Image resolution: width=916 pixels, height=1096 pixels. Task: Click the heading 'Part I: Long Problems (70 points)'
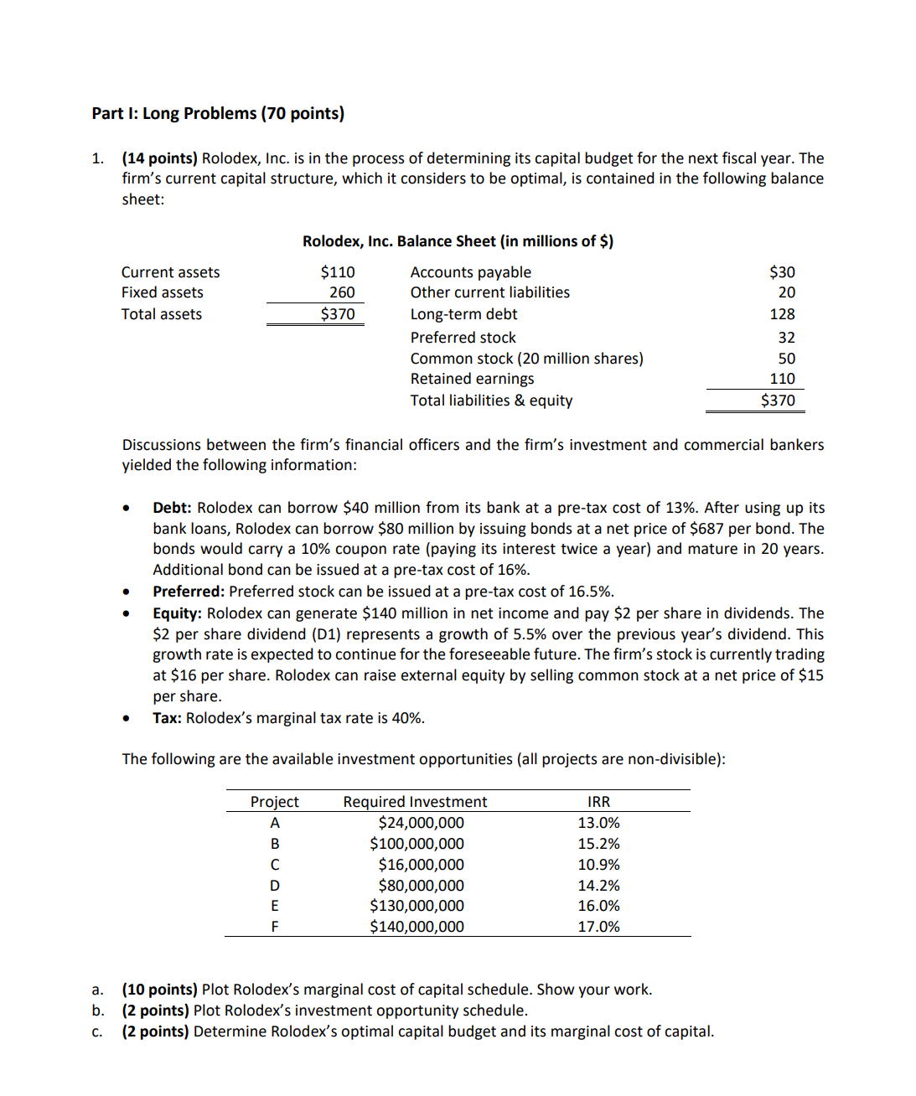(x=218, y=113)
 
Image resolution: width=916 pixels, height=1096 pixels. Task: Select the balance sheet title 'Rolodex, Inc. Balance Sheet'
(x=458, y=241)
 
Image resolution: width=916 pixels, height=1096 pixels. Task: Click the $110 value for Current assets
(x=338, y=272)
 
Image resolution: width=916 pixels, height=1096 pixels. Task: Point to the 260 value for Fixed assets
(x=342, y=292)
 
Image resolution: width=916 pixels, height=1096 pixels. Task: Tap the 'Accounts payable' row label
(x=470, y=272)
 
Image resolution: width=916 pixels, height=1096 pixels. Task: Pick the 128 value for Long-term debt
(x=782, y=314)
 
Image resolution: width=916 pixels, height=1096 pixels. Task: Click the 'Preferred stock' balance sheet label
(x=463, y=338)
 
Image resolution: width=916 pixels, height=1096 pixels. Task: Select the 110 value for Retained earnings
(x=782, y=379)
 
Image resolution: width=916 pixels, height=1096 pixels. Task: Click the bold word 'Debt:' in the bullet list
(x=172, y=508)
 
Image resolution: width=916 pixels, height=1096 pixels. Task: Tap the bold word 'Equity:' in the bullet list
(x=177, y=613)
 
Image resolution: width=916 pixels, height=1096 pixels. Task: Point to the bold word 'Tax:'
(x=167, y=718)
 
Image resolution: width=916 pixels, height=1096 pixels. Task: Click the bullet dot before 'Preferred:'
(x=126, y=592)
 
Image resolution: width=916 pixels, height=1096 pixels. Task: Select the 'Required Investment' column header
(x=415, y=802)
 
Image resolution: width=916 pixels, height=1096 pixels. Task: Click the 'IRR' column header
(x=598, y=802)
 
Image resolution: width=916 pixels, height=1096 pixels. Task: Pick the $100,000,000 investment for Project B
(x=417, y=844)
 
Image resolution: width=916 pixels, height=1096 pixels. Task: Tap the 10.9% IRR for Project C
(x=598, y=865)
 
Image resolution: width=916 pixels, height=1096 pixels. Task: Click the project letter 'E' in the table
(x=274, y=906)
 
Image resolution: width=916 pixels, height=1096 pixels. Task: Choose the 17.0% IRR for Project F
(x=598, y=927)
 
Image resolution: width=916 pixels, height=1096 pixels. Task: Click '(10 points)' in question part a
(x=159, y=990)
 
